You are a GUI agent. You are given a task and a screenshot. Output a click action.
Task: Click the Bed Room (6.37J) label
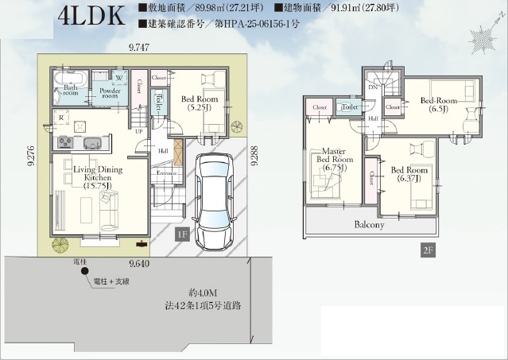410,173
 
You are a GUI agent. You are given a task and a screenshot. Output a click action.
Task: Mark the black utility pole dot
83,272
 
